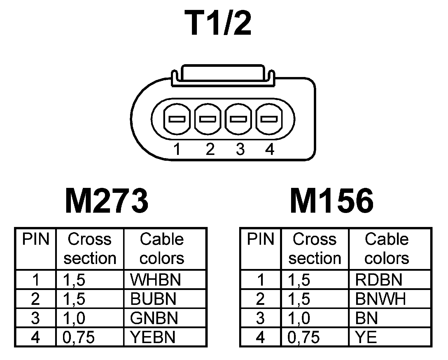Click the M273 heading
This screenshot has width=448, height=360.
tap(107, 201)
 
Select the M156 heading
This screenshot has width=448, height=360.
tap(332, 201)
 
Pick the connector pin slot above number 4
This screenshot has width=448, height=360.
tap(269, 119)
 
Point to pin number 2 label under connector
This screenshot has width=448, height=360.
tap(210, 149)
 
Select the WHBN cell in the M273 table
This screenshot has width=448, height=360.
tap(155, 279)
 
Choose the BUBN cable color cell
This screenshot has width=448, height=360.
tap(153, 299)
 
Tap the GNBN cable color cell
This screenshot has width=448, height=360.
tap(154, 318)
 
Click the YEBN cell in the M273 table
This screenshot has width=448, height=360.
tap(153, 337)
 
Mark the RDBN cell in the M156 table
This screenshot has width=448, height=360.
tap(379, 279)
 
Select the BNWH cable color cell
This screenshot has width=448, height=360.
tap(380, 299)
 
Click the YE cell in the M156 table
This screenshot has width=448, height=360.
tap(366, 337)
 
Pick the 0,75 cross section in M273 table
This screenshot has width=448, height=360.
tap(79, 337)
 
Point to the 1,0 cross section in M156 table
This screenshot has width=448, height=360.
tap(299, 318)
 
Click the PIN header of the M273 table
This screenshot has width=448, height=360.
tap(36, 239)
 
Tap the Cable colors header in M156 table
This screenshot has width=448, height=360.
tap(387, 249)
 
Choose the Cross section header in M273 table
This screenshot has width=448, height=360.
tap(90, 249)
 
